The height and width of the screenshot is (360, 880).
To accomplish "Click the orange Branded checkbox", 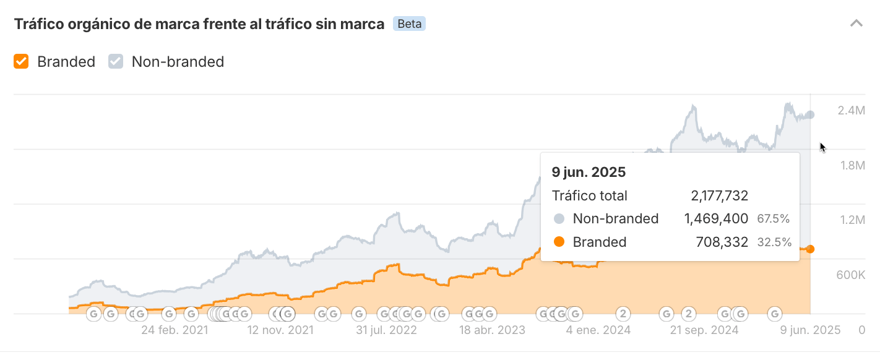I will pos(22,62).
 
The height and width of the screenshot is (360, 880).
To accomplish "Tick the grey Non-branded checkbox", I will pos(116,62).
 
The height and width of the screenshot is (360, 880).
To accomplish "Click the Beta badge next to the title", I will pos(409,24).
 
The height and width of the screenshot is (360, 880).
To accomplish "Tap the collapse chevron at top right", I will pos(856,24).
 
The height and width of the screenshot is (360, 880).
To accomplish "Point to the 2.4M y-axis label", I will pos(851,111).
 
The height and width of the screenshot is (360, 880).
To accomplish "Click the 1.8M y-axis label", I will pos(851,165).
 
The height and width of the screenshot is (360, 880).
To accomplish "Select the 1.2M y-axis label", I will pos(851,220).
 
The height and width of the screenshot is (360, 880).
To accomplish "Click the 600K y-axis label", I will pos(850,275).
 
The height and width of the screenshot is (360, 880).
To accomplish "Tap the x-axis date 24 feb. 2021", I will pos(175,330).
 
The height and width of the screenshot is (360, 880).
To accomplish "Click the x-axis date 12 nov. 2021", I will pos(280,330).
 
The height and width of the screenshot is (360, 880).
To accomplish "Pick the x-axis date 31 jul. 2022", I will pos(386,330).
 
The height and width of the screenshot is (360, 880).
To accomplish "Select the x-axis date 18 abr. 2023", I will pos(492,330).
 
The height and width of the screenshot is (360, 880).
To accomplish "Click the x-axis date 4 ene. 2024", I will pos(598,330).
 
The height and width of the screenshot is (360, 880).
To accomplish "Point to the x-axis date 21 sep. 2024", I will pos(704,330).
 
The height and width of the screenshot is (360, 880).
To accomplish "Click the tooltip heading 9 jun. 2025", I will pos(589,172).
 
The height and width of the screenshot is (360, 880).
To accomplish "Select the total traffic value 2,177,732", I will pos(719,196).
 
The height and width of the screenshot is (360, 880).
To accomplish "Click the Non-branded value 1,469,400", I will pos(716,218).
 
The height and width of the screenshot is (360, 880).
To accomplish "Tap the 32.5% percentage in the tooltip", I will pos(774,242).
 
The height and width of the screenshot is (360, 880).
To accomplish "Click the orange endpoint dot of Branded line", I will pos(810,249).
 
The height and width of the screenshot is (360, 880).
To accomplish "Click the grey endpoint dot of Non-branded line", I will pos(810,115).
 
